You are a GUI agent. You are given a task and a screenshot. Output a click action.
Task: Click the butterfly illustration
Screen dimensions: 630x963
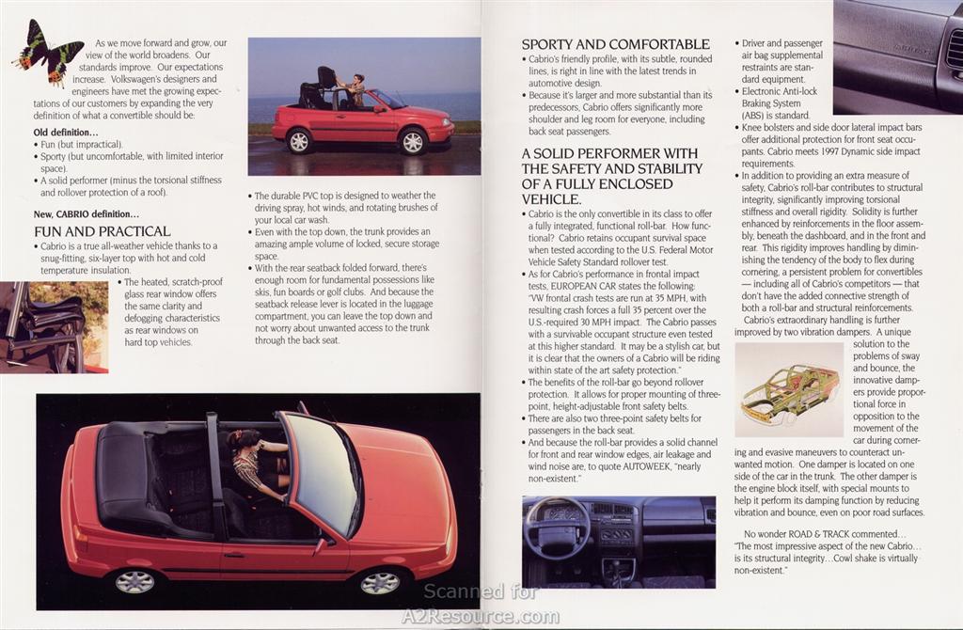click(x=48, y=52)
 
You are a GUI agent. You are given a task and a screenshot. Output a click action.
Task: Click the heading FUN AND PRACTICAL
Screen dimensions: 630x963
click(x=102, y=231)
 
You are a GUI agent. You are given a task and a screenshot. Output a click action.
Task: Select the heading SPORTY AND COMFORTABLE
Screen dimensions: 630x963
click(x=615, y=44)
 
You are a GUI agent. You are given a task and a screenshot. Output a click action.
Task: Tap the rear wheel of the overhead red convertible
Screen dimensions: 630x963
click(x=134, y=581)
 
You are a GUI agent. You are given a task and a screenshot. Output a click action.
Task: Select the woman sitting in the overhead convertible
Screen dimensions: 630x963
click(x=254, y=462)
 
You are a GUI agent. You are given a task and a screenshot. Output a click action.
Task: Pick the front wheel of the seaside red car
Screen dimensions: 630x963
click(x=413, y=142)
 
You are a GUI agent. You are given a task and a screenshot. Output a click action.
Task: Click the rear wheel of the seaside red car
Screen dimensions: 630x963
click(x=299, y=141)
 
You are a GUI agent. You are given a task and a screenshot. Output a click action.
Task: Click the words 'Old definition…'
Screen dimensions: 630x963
click(x=66, y=132)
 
